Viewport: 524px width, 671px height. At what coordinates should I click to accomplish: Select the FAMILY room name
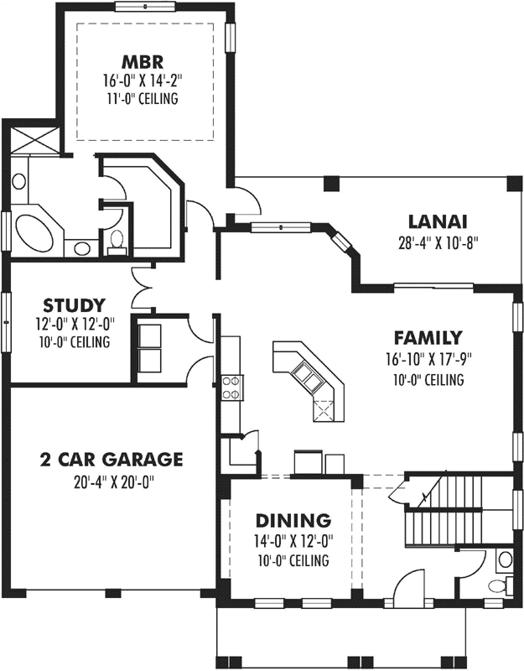[428, 339]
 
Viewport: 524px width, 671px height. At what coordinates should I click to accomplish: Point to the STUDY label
[74, 304]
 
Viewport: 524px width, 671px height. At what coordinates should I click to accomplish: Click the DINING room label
[293, 520]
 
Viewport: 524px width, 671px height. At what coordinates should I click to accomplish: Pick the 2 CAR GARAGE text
[111, 459]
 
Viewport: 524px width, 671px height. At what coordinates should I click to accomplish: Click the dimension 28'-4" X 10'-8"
[438, 244]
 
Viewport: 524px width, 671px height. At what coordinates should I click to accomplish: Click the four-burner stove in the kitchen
[231, 388]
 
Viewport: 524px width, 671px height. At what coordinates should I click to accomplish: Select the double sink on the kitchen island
[308, 380]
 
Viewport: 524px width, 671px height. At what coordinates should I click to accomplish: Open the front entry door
[411, 587]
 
